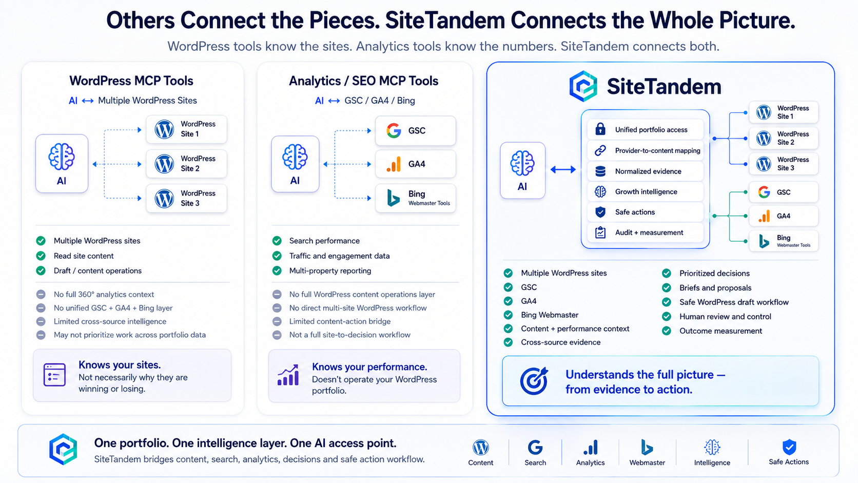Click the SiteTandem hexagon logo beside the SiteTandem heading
click(583, 86)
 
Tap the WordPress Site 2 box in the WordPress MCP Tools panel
click(187, 164)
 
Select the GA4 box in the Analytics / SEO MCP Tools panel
click(416, 164)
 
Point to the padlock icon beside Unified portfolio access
click(600, 129)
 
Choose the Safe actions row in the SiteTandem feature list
click(646, 212)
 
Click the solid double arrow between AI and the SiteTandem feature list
click(563, 169)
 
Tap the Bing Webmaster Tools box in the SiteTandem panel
click(784, 241)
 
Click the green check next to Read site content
click(41, 256)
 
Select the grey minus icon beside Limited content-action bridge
click(277, 321)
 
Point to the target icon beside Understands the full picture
click(534, 381)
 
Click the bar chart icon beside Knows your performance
click(288, 375)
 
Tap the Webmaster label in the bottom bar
click(647, 462)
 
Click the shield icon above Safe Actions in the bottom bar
click(789, 447)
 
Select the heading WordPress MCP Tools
click(131, 81)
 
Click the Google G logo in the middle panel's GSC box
click(394, 130)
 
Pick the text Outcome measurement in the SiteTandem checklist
click(720, 331)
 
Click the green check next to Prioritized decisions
click(667, 273)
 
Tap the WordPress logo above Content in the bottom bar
click(481, 448)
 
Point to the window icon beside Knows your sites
click(54, 375)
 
